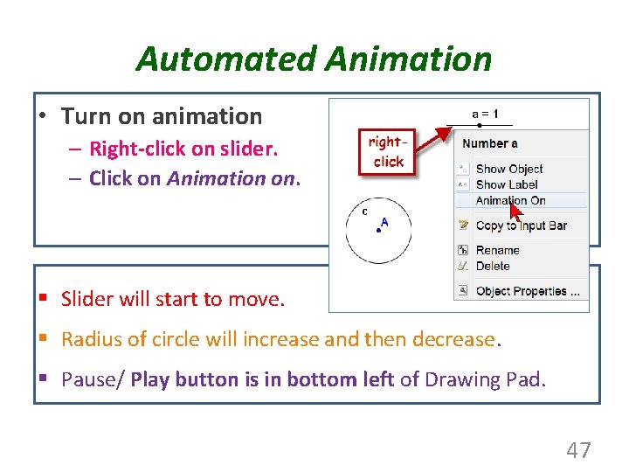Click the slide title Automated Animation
[x=314, y=59]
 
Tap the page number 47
[x=578, y=450]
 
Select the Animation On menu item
[x=510, y=200]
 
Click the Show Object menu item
[x=508, y=169]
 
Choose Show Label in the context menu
[x=507, y=184]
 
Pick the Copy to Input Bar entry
[x=521, y=226]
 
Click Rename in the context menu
[x=497, y=250]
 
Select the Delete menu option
[x=493, y=266]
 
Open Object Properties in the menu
[x=527, y=291]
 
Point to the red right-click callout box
[x=387, y=152]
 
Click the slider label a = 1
[x=485, y=114]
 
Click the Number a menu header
[x=489, y=143]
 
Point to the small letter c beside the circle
[x=364, y=211]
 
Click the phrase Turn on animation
[x=162, y=116]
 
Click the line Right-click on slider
[x=183, y=149]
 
